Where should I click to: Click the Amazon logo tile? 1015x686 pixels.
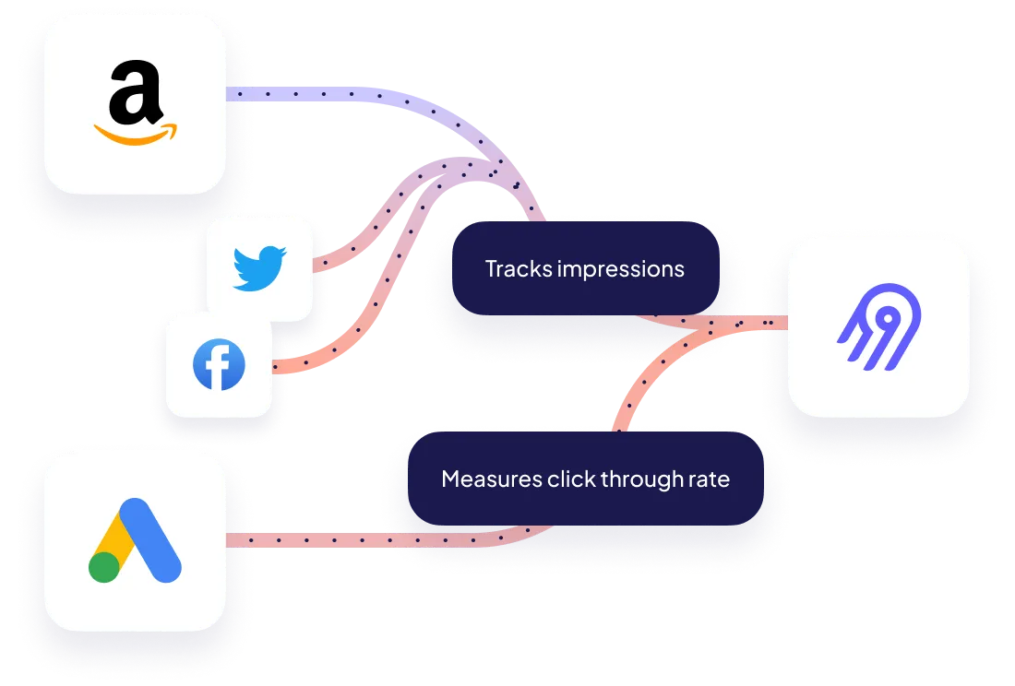click(x=135, y=103)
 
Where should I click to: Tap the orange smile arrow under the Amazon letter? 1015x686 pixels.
click(x=136, y=135)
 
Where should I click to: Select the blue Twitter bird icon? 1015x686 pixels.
click(x=259, y=268)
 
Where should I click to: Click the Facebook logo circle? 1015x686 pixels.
click(x=219, y=365)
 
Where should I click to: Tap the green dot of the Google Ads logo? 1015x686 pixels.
click(x=104, y=566)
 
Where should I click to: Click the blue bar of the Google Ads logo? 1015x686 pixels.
click(x=153, y=538)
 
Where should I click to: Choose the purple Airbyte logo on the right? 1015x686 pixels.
click(x=878, y=325)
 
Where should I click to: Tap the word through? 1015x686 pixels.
click(x=635, y=479)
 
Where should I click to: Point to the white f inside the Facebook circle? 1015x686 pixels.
click(x=221, y=367)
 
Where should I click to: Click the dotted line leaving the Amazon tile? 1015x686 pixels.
click(x=304, y=94)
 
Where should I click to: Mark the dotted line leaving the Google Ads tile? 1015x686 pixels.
click(x=304, y=541)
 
